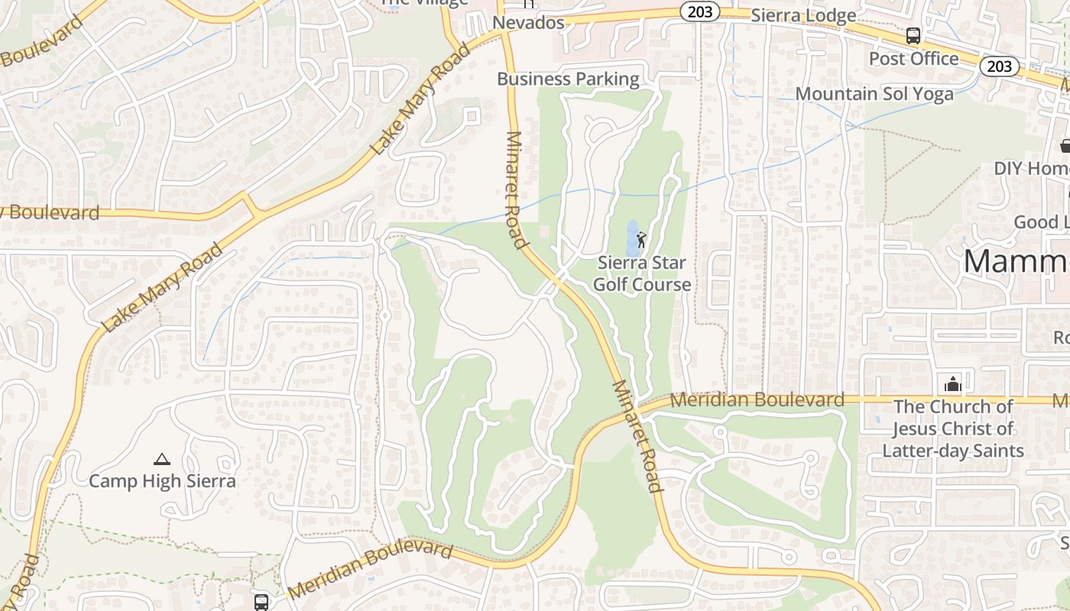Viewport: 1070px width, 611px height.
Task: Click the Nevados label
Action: [528, 23]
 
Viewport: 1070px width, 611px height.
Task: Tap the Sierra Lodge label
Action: [803, 15]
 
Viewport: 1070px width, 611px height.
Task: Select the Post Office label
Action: [913, 59]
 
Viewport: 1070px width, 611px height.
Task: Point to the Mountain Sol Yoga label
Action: [874, 94]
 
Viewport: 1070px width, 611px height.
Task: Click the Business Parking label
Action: [568, 79]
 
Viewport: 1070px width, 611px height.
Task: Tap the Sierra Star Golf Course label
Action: [642, 273]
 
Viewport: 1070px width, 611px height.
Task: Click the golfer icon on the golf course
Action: [640, 239]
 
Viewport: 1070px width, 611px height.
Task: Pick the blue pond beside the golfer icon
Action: [631, 238]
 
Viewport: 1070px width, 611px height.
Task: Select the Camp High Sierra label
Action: [162, 481]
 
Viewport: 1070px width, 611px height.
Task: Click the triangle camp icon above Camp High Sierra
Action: [161, 460]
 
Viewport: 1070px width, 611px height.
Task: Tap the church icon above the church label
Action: [952, 383]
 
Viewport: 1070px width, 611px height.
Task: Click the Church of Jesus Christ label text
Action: [952, 428]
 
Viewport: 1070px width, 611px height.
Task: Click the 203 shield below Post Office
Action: [999, 66]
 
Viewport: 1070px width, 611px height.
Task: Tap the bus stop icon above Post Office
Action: [913, 35]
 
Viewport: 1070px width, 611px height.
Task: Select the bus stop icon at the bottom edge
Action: [261, 602]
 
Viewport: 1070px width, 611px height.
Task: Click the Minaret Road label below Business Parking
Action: [517, 190]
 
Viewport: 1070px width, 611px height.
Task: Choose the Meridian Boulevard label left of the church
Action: [757, 399]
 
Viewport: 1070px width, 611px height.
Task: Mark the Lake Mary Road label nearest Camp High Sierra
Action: [162, 287]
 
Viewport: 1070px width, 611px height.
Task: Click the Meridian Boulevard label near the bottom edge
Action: [371, 570]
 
